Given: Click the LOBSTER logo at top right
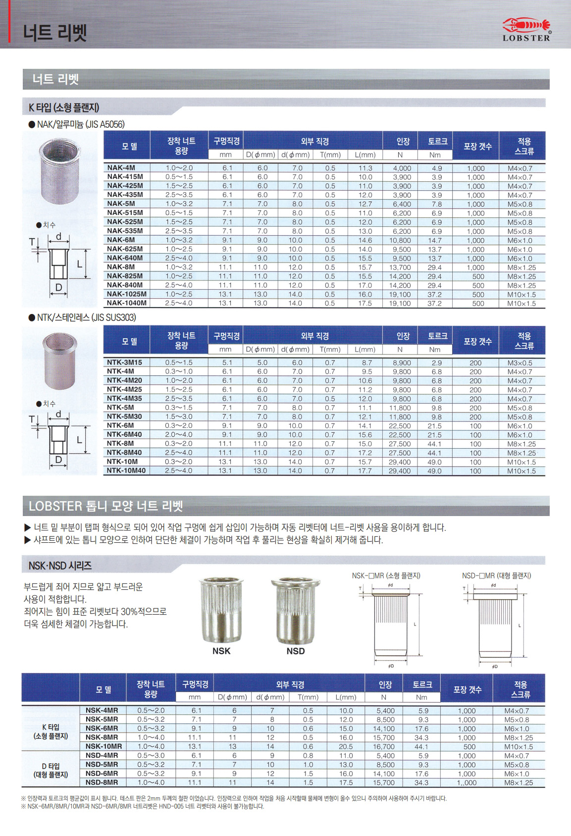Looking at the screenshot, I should pos(526,29).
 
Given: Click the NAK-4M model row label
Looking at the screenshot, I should pos(121,168).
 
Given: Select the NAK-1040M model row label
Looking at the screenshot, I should pos(127,303).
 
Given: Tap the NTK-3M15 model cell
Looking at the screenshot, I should pos(124,363).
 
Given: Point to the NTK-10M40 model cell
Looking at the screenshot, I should pos(126,470).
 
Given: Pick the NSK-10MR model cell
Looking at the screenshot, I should pos(104,746).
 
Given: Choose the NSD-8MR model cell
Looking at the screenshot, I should pos(102,783).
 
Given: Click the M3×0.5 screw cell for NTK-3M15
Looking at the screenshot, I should pos(519,363).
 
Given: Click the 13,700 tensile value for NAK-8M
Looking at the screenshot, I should pos(400,267).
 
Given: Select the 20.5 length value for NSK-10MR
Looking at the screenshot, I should pos(346,747).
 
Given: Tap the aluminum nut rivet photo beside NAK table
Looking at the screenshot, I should pos(59,172).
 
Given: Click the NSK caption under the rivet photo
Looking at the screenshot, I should pos(221,651).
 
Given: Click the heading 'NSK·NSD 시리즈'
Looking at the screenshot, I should pos(60,566).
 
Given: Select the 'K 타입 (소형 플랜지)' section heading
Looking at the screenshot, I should pos(64,107).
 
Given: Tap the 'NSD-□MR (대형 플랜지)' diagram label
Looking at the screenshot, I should pos(496,575).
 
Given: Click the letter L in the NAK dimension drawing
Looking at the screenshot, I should pos(79,264).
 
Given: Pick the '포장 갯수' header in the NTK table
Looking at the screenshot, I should pos(477,341).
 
